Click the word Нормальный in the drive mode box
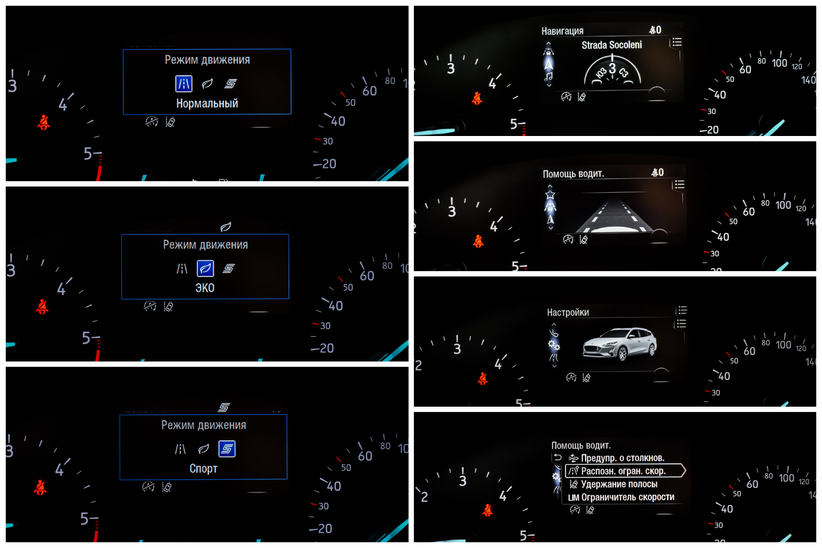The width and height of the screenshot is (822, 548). click(x=207, y=103)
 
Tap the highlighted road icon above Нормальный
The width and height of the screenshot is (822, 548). click(x=184, y=83)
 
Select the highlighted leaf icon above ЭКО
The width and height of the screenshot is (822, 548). click(x=205, y=268)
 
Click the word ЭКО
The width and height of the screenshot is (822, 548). click(x=205, y=288)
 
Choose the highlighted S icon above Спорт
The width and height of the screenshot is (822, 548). click(x=226, y=449)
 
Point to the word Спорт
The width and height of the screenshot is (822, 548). click(x=203, y=469)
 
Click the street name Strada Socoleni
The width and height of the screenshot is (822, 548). click(x=612, y=45)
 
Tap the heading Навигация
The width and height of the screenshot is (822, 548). click(x=562, y=31)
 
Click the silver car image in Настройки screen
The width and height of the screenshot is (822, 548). click(x=619, y=344)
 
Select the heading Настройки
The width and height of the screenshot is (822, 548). click(x=568, y=312)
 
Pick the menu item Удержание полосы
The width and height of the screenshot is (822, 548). click(x=619, y=484)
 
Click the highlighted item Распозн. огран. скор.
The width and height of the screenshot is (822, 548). click(x=625, y=471)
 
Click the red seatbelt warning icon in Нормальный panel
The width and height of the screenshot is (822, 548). click(x=43, y=122)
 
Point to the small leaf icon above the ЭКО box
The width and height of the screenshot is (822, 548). click(x=226, y=227)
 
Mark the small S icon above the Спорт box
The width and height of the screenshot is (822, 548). click(x=224, y=407)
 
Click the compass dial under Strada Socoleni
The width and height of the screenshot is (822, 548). click(x=612, y=70)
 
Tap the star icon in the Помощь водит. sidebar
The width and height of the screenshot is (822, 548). click(x=550, y=194)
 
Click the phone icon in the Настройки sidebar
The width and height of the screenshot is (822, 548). click(x=554, y=332)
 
